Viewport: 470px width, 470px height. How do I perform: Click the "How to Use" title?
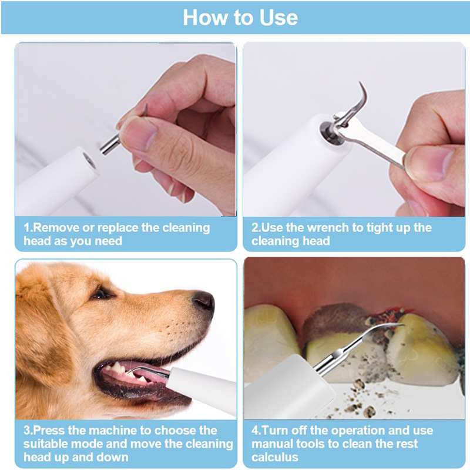click(240, 18)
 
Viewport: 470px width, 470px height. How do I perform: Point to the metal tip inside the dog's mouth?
click(144, 370)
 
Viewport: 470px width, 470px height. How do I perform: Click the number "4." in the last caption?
click(256, 431)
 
